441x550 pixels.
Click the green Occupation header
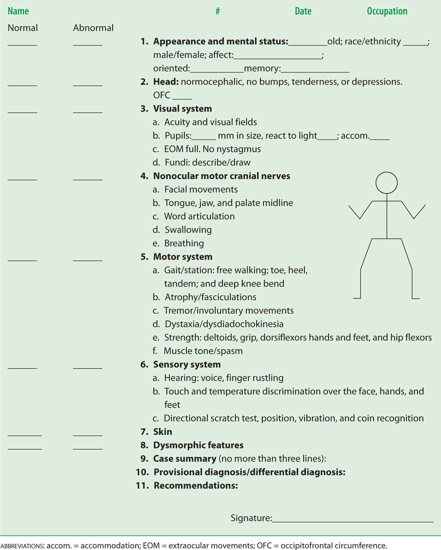(387, 11)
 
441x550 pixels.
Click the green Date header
(303, 11)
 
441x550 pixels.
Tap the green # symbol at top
(218, 11)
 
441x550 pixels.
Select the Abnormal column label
(93, 28)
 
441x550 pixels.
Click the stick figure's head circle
(386, 183)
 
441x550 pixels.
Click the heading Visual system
(182, 109)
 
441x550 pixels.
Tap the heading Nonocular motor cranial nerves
(222, 176)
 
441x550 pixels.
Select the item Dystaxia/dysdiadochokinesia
(224, 324)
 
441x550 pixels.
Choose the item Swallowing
(188, 230)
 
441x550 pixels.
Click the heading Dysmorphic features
(198, 445)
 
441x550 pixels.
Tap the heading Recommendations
(196, 485)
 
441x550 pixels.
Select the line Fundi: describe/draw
(207, 162)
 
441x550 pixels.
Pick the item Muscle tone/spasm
(203, 351)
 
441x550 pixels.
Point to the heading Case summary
(185, 459)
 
